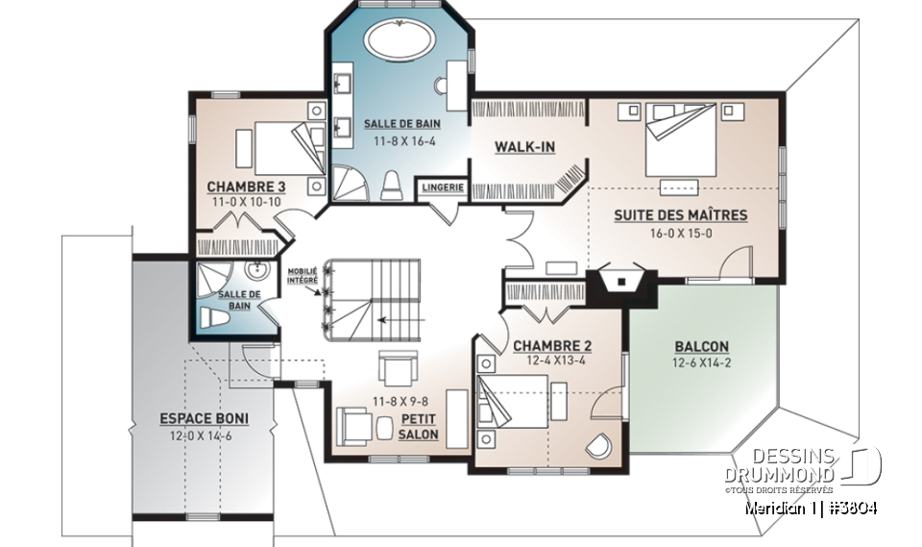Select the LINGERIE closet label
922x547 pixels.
click(x=443, y=187)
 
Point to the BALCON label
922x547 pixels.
click(x=701, y=346)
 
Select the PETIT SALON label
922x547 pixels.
click(x=419, y=427)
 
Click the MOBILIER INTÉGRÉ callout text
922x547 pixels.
click(x=303, y=276)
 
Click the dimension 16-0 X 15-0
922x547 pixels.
click(x=680, y=233)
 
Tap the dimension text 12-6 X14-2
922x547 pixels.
click(x=701, y=363)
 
